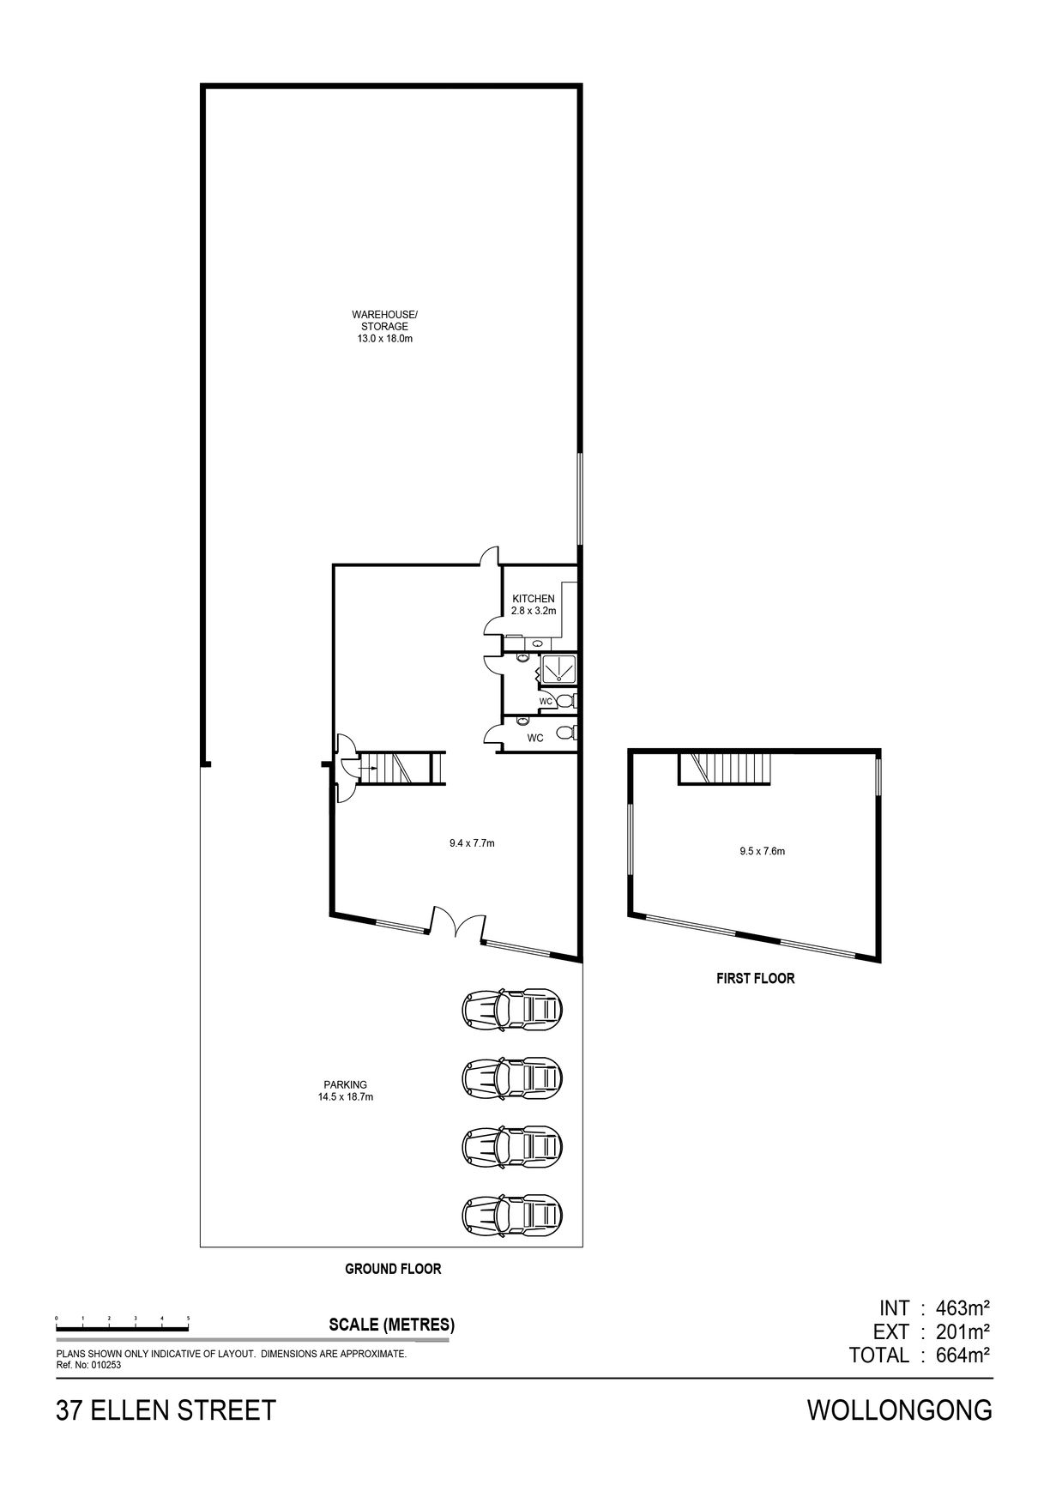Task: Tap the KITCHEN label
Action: click(x=534, y=599)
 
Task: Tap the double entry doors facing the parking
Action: click(x=457, y=927)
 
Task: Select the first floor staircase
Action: click(x=726, y=768)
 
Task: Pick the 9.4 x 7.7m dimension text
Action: click(x=471, y=843)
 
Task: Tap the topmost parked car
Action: click(x=512, y=1008)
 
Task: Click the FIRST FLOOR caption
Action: click(x=755, y=978)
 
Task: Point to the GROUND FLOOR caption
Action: click(x=392, y=1269)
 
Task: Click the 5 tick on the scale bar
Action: click(x=188, y=1317)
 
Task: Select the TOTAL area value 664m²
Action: click(x=957, y=1355)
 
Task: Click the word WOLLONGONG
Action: click(x=900, y=1410)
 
